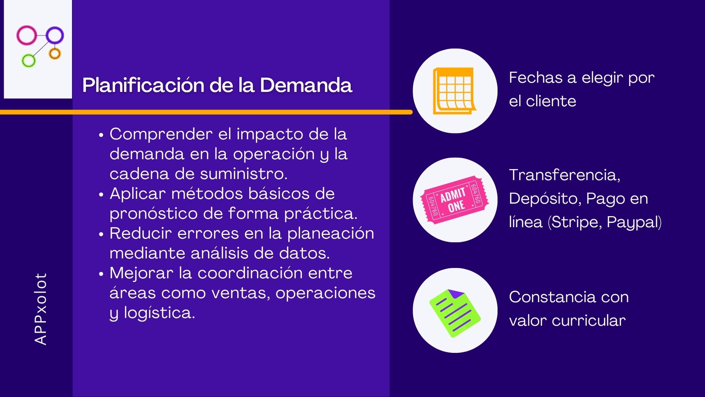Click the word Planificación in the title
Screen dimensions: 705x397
click(143, 85)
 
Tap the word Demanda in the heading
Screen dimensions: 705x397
click(306, 85)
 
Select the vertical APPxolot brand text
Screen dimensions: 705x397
click(41, 309)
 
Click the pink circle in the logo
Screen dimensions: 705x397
click(26, 35)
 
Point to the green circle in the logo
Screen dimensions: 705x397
click(28, 61)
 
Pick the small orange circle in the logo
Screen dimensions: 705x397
click(55, 54)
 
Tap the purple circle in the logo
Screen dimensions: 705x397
click(55, 36)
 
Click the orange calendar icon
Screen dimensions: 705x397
click(454, 91)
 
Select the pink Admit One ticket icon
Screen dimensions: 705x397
click(455, 200)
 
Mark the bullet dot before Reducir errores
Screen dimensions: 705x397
click(101, 234)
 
